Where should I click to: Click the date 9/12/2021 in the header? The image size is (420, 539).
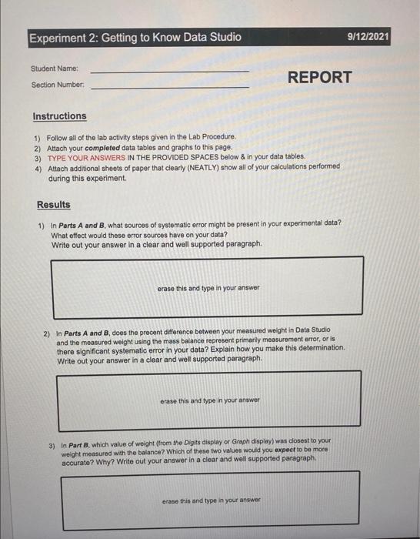[x=368, y=36]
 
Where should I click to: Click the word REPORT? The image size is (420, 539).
[x=319, y=77]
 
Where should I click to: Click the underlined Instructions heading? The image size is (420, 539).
[x=59, y=116]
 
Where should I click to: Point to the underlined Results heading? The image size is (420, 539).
[x=53, y=205]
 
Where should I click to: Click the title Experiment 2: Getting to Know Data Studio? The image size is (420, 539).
[x=135, y=37]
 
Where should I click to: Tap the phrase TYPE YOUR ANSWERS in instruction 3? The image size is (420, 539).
[x=84, y=156]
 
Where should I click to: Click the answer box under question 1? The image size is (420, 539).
[x=208, y=287]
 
